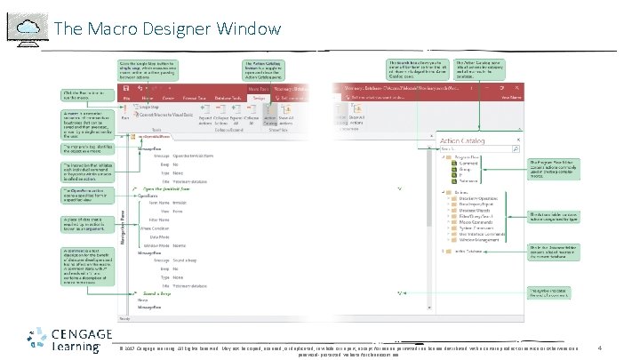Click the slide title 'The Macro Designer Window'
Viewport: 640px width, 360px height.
tap(167, 28)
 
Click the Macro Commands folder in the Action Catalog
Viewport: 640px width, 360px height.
tap(472, 223)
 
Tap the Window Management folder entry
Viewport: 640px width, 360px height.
tap(476, 240)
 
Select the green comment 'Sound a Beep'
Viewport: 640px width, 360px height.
tap(152, 292)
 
